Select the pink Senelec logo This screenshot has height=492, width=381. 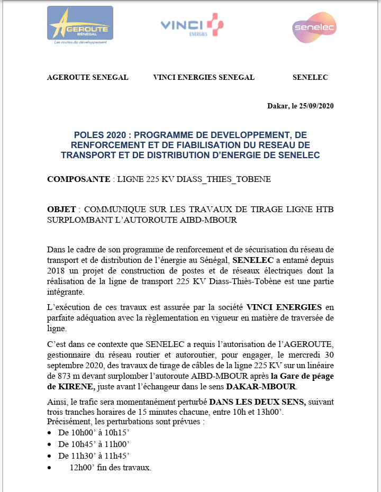(314, 28)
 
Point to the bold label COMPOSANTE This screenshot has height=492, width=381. (78, 179)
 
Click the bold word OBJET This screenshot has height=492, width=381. (61, 209)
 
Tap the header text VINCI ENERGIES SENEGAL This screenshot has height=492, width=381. (204, 77)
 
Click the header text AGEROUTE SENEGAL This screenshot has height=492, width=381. (88, 77)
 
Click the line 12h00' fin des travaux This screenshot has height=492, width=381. (110, 468)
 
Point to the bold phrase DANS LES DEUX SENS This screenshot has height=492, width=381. (257, 402)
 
